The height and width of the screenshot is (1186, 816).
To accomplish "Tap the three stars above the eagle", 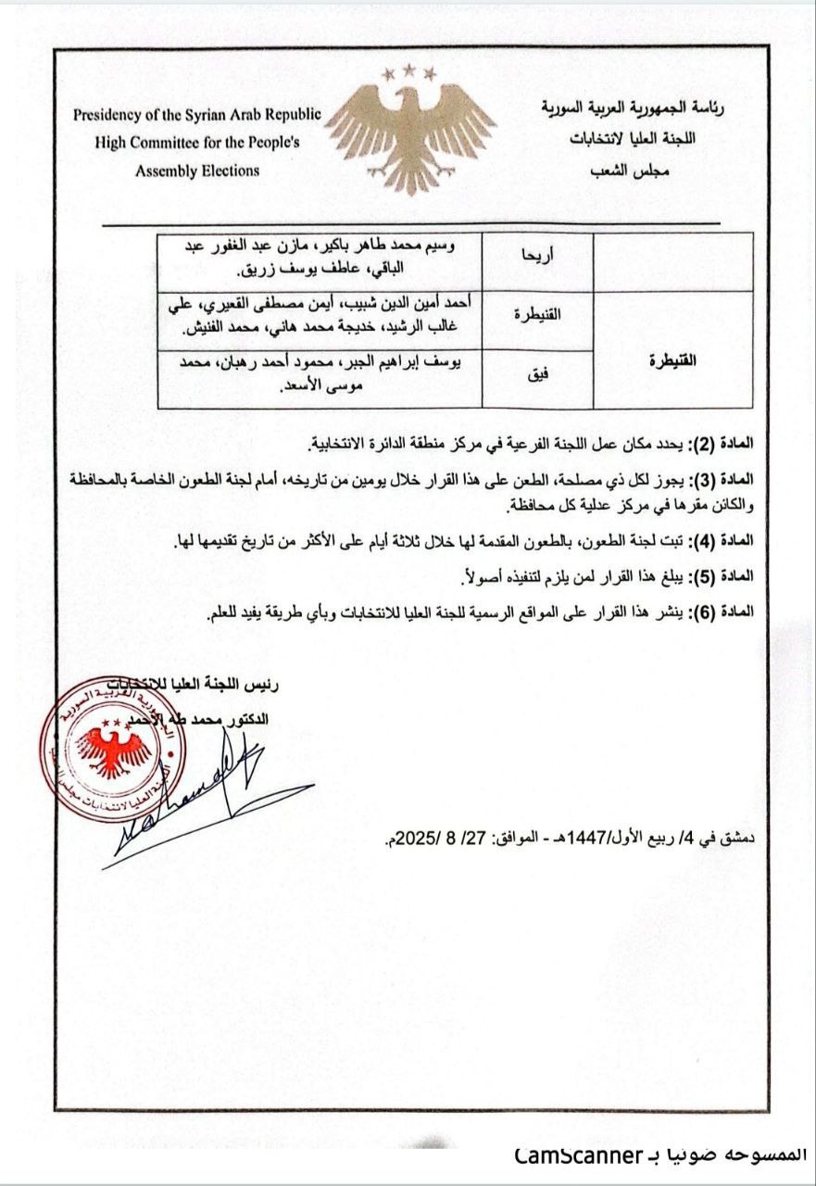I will coord(410,70).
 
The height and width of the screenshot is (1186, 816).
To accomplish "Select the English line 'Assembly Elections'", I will coord(197,170).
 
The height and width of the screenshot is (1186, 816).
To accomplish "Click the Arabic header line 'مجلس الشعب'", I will coord(628,171).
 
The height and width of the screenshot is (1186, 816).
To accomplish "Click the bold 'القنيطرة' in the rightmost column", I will coord(672,360).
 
